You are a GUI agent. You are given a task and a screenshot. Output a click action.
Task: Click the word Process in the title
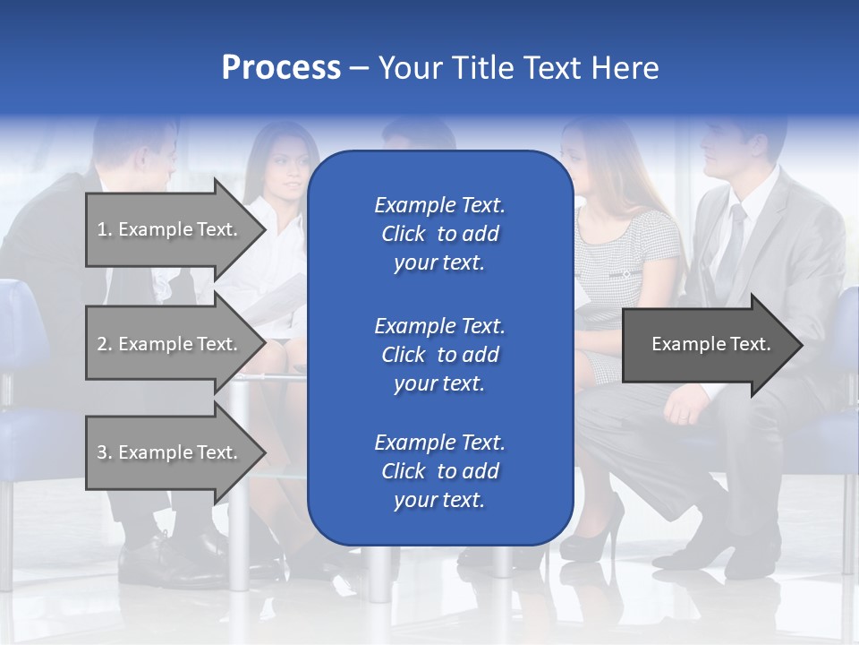(281, 68)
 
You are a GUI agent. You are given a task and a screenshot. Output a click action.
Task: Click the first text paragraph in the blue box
(439, 234)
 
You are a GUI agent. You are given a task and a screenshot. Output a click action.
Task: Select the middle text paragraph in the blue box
(439, 354)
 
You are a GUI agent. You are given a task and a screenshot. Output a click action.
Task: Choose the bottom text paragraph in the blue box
(439, 471)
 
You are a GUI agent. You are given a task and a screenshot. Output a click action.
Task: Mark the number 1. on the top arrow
(104, 229)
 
